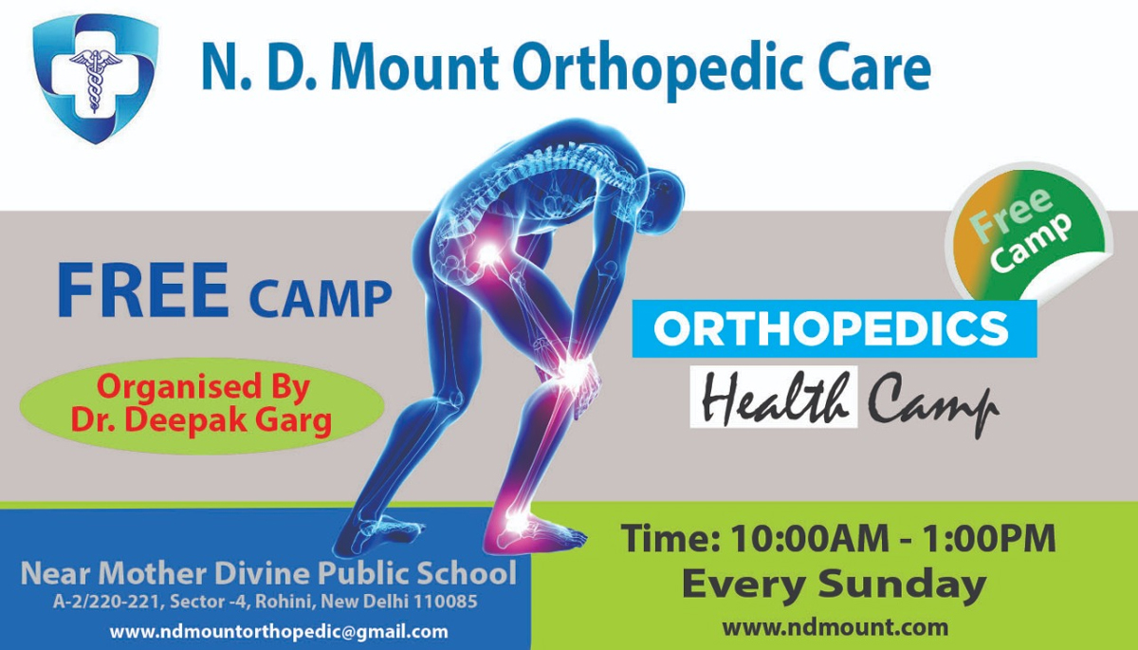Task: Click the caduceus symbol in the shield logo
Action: (x=95, y=79)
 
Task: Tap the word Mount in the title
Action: (x=415, y=68)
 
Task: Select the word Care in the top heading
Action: (x=874, y=68)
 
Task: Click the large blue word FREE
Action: (x=143, y=290)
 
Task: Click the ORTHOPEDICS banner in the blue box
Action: (x=835, y=329)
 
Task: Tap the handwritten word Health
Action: (x=774, y=398)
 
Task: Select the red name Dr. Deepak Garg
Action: (x=201, y=420)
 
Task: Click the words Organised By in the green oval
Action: (x=203, y=387)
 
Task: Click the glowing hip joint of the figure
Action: (x=488, y=252)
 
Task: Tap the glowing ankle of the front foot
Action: (x=517, y=520)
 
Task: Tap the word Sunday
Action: (x=902, y=585)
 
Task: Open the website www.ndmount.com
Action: (x=835, y=627)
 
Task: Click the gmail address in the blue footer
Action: (x=279, y=632)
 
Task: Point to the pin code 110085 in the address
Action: (x=445, y=602)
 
